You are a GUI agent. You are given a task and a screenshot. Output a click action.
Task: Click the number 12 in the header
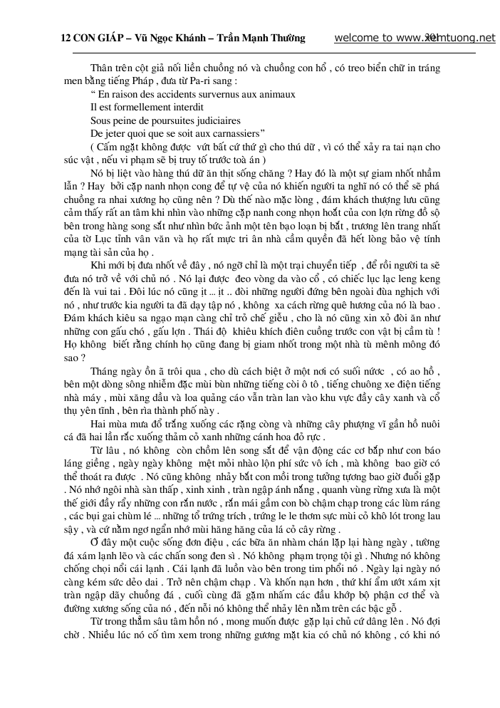[65, 38]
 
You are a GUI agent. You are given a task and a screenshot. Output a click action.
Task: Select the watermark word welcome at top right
[355, 38]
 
